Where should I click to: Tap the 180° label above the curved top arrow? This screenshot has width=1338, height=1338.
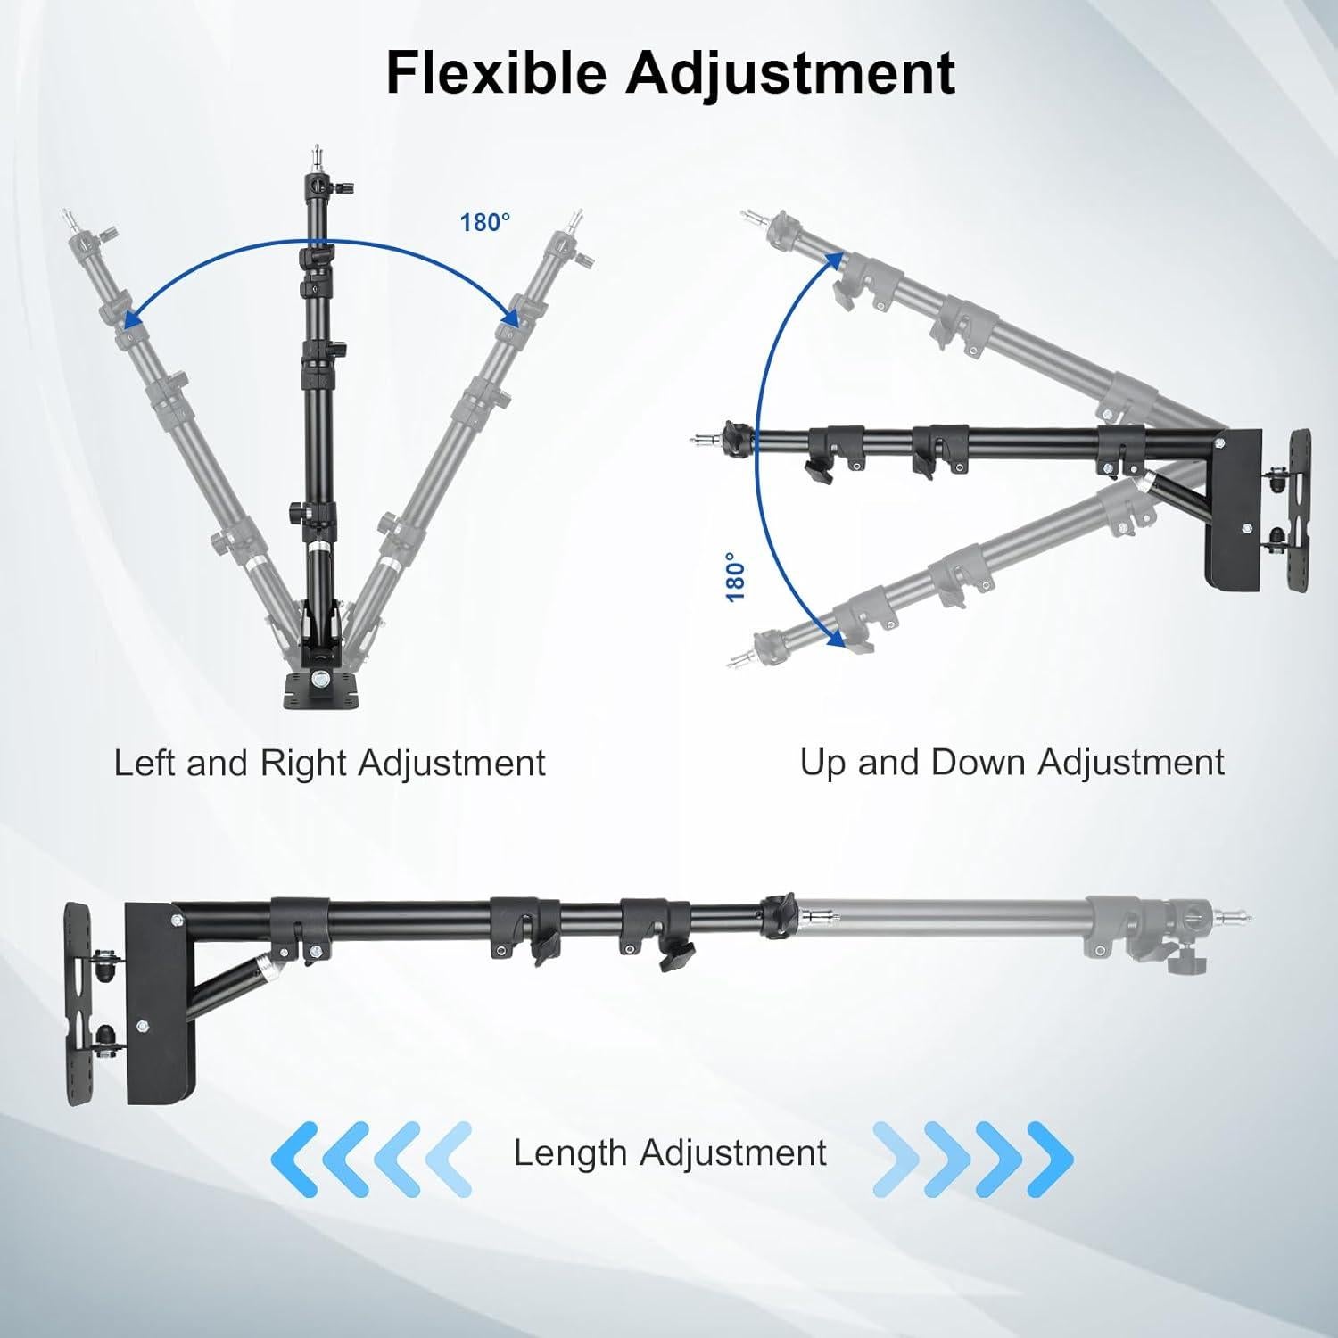[485, 222]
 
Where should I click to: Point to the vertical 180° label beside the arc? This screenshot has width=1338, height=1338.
[735, 576]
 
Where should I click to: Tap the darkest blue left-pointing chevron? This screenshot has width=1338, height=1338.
[294, 1158]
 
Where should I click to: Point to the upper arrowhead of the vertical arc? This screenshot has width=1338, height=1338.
[836, 259]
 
